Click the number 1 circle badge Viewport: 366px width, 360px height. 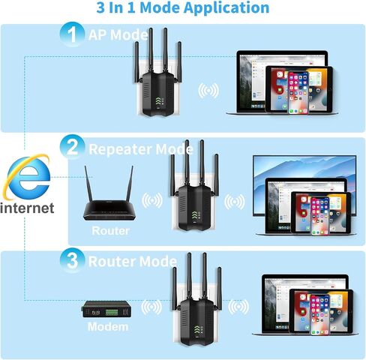point(72,34)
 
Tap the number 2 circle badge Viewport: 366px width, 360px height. point(72,147)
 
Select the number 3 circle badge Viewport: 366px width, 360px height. point(72,260)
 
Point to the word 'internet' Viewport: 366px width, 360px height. point(27,208)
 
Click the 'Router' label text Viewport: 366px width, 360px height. point(110,230)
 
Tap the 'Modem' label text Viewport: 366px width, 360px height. point(108,326)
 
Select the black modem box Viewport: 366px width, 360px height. point(106,309)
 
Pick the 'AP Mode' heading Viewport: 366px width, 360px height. point(118,34)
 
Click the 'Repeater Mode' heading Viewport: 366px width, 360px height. point(141,149)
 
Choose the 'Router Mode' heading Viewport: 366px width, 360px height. point(133,262)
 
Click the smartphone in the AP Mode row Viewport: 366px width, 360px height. point(298,93)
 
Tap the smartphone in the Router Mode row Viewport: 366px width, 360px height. point(319,314)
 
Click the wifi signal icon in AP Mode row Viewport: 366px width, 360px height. point(208,91)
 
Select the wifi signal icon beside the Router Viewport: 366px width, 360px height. point(152,200)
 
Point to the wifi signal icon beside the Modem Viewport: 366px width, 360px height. point(151,307)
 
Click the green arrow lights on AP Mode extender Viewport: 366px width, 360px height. point(158,101)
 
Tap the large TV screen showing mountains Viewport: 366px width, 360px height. point(304,185)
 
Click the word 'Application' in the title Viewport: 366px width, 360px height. point(226,7)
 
